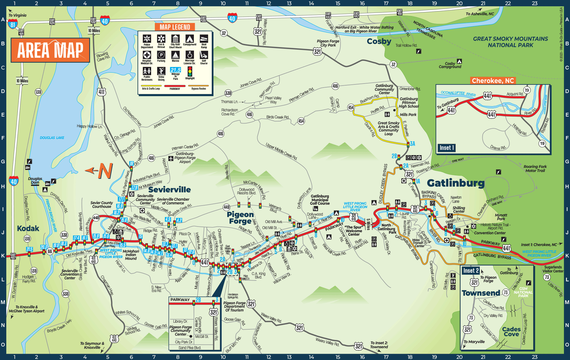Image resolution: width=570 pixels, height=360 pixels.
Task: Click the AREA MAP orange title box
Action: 50,50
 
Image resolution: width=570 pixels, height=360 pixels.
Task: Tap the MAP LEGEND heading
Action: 175,27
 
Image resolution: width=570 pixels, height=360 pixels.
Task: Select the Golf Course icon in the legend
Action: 204,55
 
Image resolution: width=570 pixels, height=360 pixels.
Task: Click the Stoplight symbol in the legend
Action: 190,71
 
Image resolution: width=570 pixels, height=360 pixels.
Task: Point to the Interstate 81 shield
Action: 12,24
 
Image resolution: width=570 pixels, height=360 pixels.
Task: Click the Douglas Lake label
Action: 52,138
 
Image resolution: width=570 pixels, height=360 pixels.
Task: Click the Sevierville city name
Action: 169,190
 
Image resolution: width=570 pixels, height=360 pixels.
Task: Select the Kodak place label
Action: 28,229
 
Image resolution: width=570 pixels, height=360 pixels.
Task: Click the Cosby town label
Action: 379,41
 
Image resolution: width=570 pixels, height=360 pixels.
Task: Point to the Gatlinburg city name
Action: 455,183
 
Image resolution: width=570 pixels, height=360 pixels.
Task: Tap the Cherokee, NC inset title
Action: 492,81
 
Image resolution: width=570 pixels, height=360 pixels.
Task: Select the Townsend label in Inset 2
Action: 481,293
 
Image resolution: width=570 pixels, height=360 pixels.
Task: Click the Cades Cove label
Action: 511,332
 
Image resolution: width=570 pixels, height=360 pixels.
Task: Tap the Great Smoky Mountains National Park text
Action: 510,42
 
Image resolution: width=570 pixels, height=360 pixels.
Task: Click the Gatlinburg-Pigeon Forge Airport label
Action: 185,158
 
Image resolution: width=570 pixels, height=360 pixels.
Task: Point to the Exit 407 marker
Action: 13,256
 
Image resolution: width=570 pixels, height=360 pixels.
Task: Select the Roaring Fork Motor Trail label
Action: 535,169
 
